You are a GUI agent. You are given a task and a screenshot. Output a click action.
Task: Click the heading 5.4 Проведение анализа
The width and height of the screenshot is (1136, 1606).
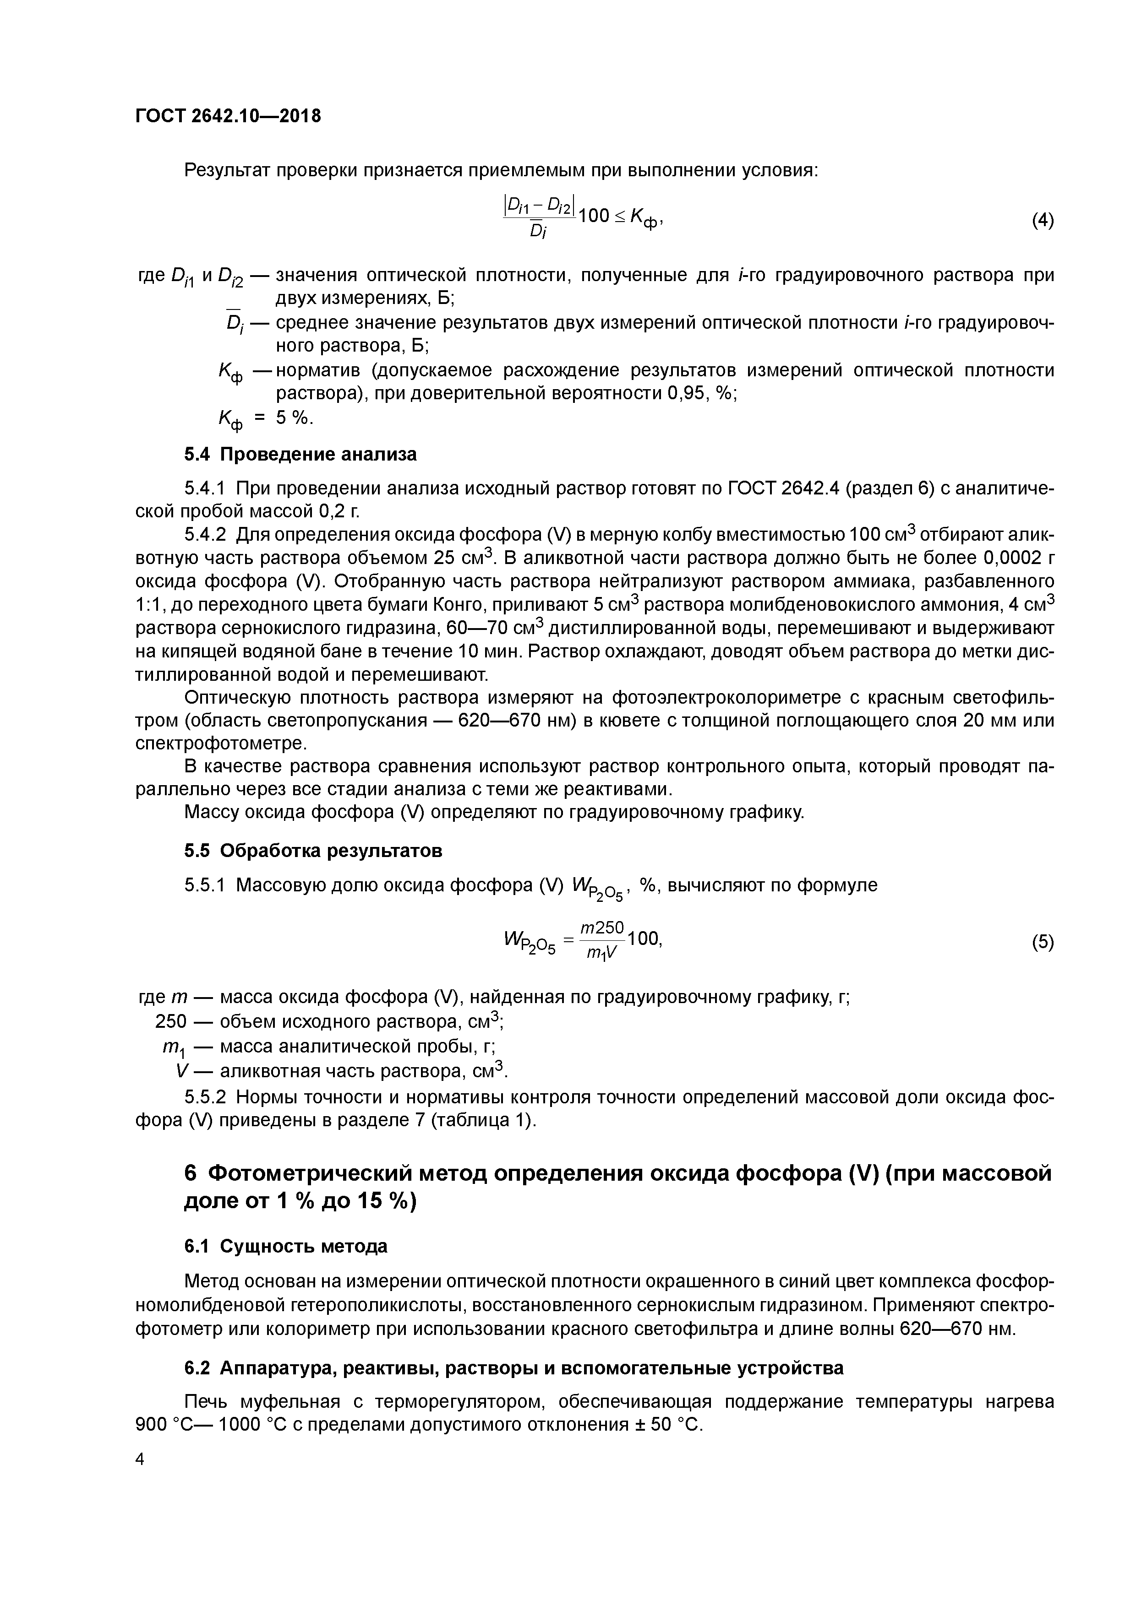click(300, 455)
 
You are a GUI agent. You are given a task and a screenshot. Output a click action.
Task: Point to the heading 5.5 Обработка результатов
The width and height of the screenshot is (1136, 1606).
click(313, 851)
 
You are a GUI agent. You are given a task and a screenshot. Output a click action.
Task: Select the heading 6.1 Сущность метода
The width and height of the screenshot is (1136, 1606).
click(285, 1246)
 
